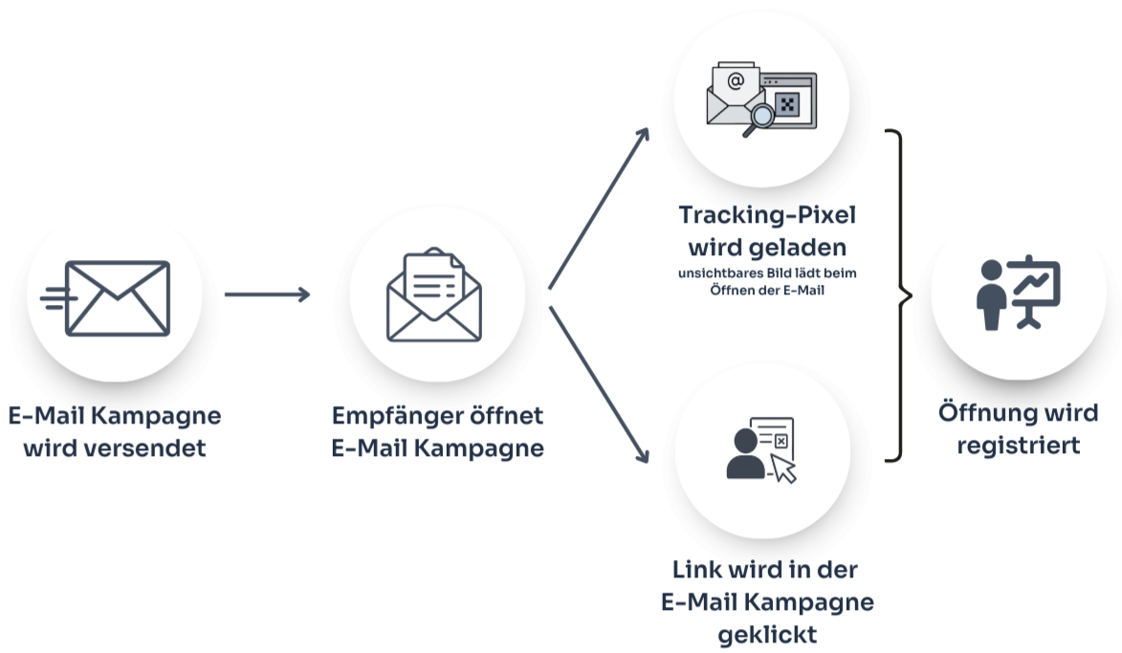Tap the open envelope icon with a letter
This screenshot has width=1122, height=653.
(433, 295)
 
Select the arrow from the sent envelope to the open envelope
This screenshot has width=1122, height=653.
(267, 294)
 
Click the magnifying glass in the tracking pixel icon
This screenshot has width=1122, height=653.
(761, 118)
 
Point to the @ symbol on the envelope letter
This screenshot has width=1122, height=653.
(735, 81)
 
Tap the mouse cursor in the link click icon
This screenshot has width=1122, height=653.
(784, 468)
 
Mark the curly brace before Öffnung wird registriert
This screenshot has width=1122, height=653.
(896, 295)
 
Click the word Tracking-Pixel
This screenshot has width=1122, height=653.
(766, 214)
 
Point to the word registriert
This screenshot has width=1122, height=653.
(1018, 445)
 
